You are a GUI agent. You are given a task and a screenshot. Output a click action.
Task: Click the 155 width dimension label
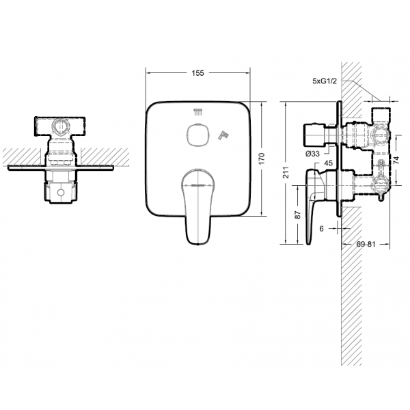pyautogui.click(x=199, y=72)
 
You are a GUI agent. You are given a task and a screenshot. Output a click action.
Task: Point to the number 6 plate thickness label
pyautogui.click(x=322, y=229)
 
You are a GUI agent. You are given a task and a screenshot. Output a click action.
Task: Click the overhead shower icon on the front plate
pyautogui.click(x=198, y=112)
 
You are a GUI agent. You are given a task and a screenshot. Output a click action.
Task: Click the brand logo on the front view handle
pyautogui.click(x=199, y=183)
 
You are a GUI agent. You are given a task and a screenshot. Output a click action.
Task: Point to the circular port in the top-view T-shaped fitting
pyautogui.click(x=61, y=126)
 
